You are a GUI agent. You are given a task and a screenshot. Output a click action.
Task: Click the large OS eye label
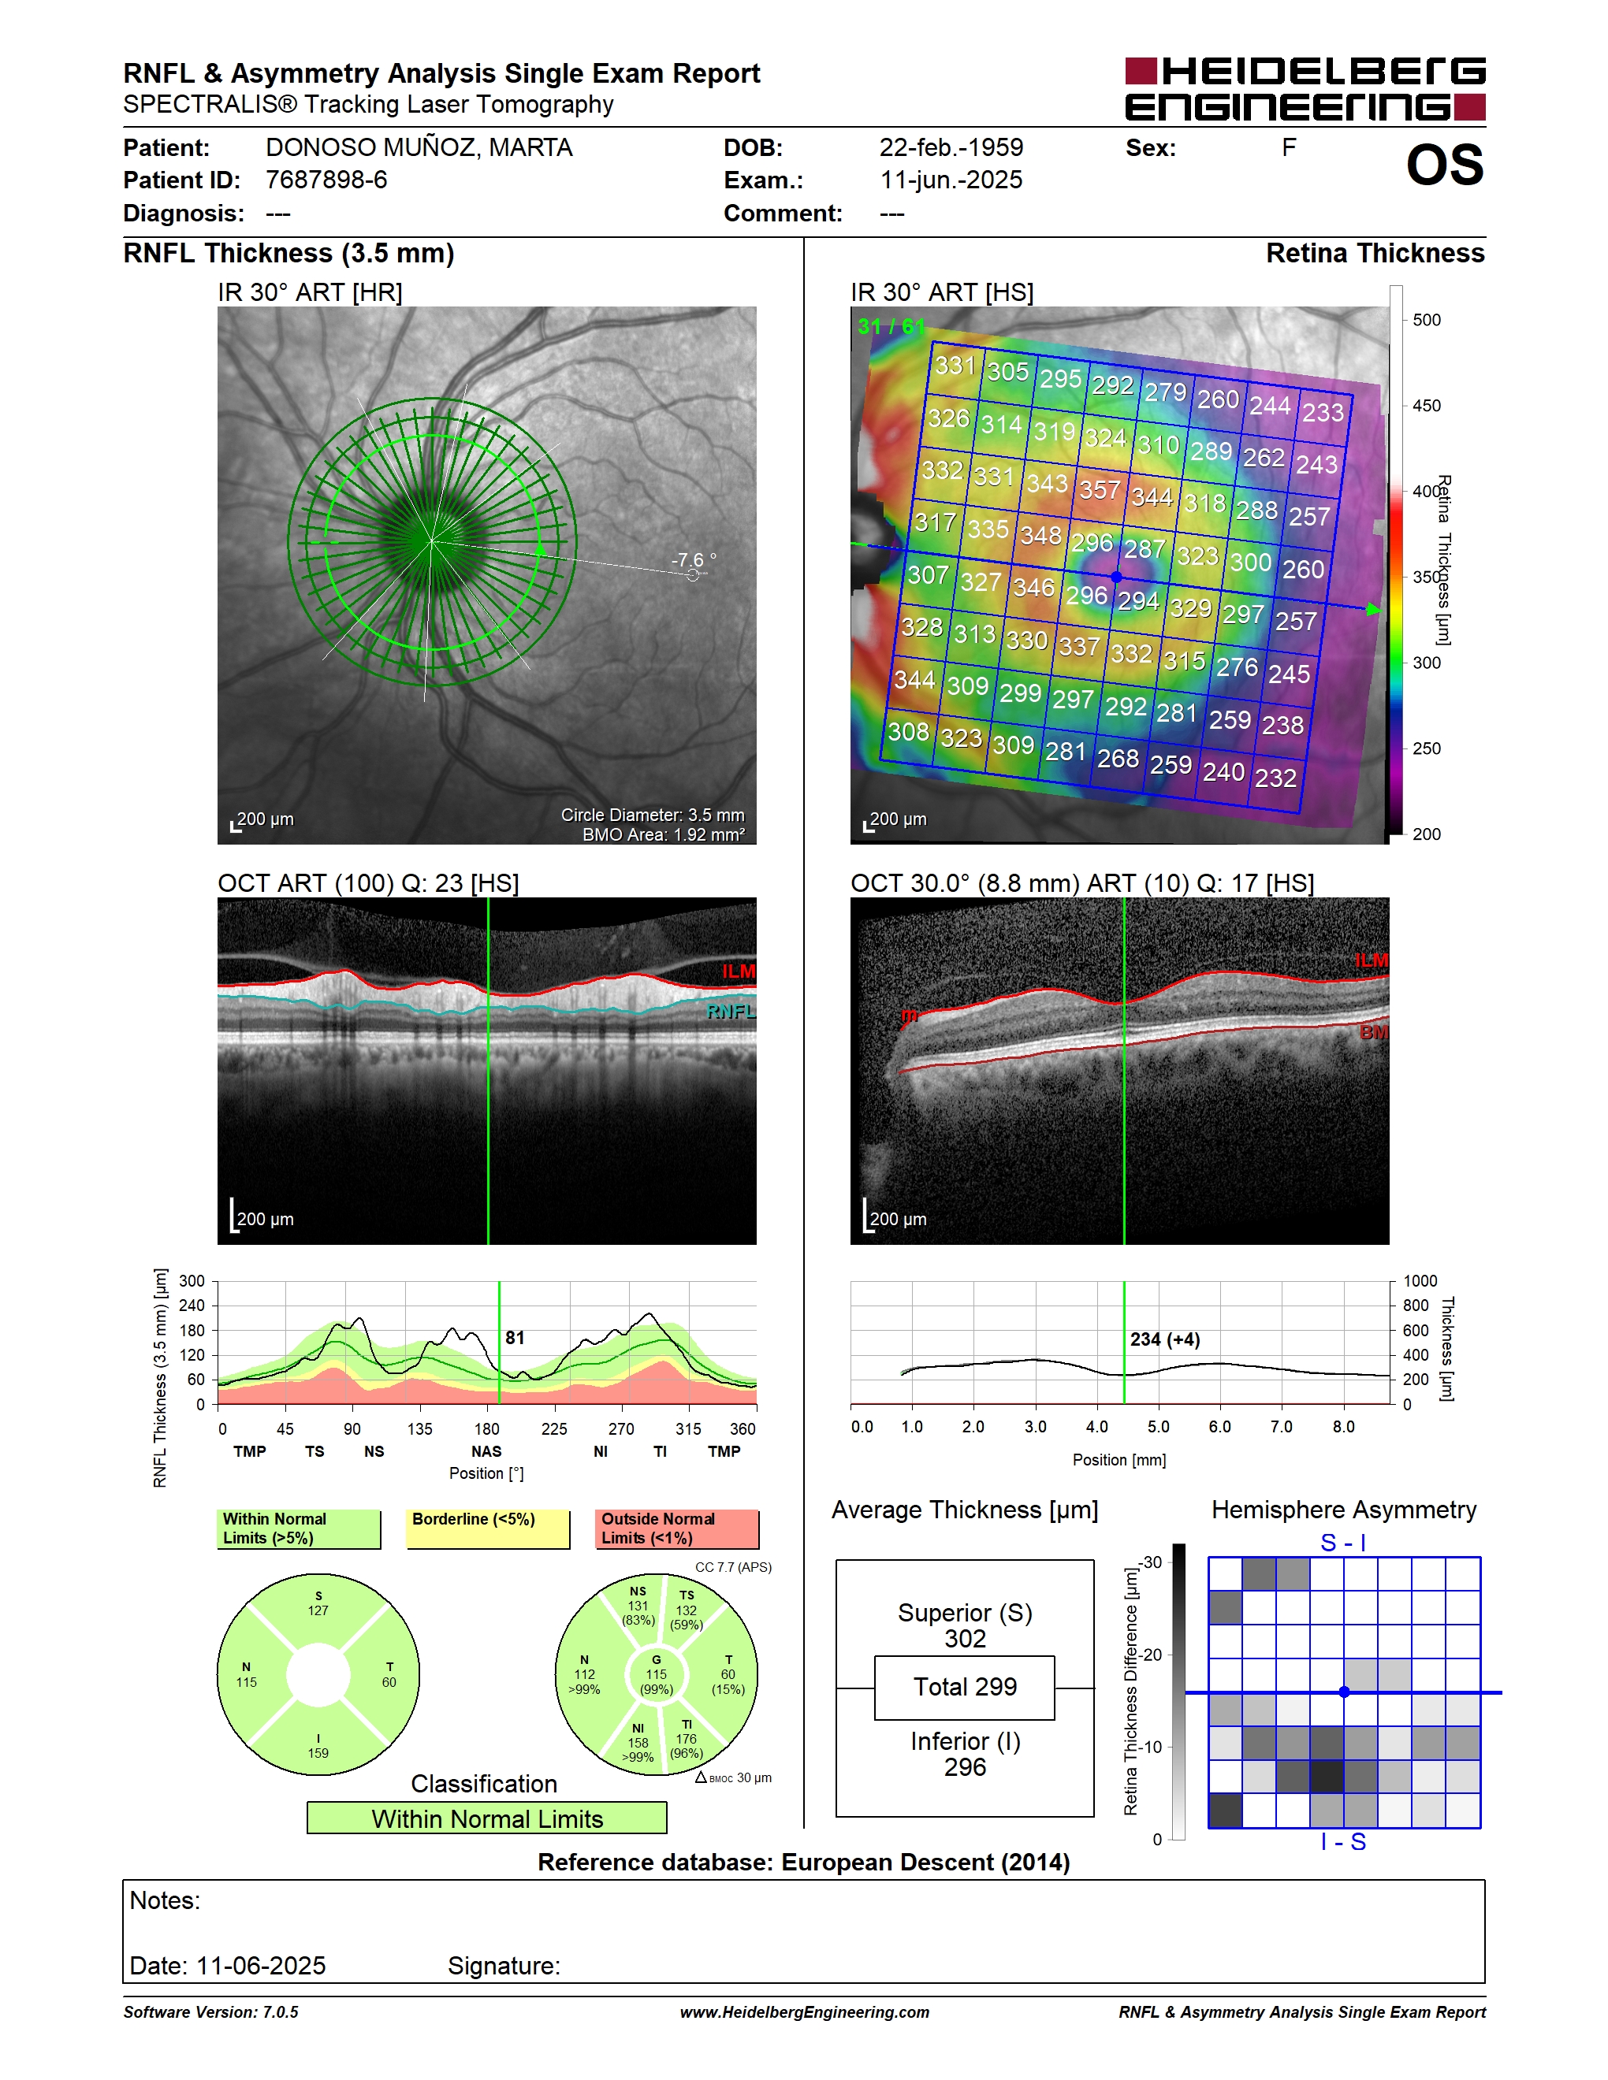[1444, 165]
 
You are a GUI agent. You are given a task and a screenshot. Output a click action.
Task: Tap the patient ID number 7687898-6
[327, 180]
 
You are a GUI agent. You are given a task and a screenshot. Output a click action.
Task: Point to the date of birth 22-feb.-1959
[951, 147]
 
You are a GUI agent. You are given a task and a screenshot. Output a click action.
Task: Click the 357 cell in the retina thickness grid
[1100, 489]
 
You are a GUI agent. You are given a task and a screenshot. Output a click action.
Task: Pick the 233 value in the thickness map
[1323, 411]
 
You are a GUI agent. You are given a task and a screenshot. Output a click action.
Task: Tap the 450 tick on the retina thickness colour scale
[1426, 406]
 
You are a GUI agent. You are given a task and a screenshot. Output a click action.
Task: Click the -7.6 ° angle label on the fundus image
[694, 560]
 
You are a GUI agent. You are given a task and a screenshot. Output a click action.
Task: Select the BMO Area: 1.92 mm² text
[664, 835]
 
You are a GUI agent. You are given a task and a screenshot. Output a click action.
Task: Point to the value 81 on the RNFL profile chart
[515, 1338]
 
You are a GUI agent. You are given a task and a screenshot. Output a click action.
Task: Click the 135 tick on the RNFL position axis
[419, 1428]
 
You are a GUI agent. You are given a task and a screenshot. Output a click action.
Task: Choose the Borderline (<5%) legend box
[488, 1528]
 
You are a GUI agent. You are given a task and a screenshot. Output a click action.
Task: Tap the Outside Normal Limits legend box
[677, 1528]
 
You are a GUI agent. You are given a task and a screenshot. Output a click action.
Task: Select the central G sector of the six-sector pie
[657, 1674]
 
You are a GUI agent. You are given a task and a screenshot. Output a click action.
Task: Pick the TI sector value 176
[686, 1738]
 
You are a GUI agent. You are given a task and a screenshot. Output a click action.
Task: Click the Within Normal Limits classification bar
[487, 1818]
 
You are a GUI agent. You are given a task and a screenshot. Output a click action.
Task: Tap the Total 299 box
[965, 1688]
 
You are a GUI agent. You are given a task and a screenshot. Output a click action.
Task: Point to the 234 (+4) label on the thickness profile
[1165, 1339]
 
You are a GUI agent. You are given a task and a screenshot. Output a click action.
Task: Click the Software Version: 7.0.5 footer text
[210, 2011]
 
